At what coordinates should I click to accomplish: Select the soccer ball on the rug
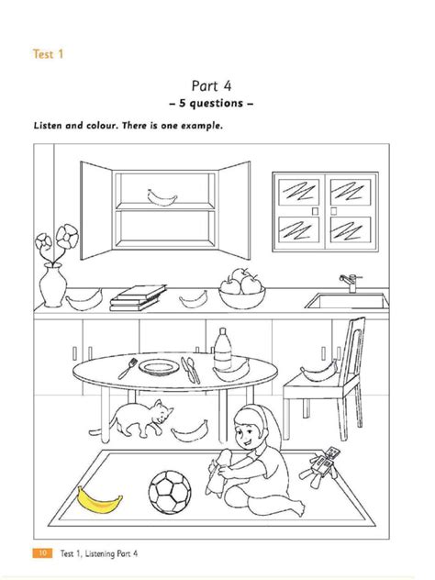point(170,492)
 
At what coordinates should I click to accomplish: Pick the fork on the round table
point(128,368)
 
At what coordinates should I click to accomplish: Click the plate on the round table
point(159,367)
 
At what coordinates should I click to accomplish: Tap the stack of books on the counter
point(138,298)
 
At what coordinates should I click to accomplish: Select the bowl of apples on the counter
point(242,290)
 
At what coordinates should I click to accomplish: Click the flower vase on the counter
point(53,284)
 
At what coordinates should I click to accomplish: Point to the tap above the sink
point(351,283)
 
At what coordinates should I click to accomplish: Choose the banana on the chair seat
point(318,372)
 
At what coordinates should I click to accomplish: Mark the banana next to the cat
point(189,431)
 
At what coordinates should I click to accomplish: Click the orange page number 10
point(42,553)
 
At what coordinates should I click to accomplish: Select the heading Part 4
point(211,86)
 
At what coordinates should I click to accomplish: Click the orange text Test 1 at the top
point(48,54)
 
